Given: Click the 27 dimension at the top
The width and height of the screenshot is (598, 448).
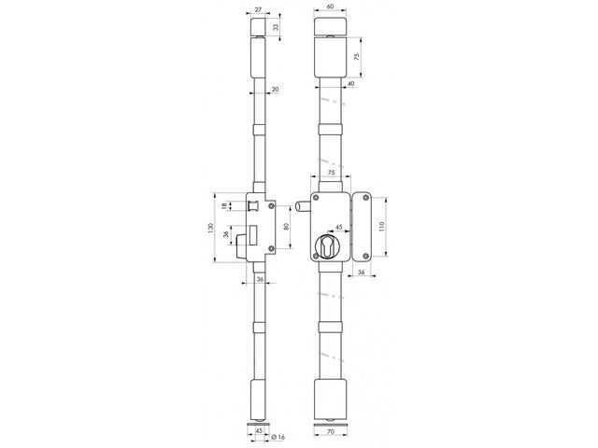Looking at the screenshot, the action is (259, 9).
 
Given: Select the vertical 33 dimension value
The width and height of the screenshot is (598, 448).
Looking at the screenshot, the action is (276, 27).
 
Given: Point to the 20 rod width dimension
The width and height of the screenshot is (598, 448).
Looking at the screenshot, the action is (275, 90).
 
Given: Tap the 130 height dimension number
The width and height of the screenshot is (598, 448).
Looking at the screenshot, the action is (210, 228).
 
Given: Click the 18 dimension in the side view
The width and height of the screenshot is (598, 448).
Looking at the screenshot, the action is (224, 205).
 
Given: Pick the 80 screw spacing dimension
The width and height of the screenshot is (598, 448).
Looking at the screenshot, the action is (287, 226).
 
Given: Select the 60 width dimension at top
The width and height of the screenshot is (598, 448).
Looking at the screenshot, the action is (330, 7).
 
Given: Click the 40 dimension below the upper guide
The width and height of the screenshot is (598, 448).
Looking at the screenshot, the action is (351, 83).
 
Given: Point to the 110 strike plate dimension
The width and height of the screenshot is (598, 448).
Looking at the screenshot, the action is (382, 226).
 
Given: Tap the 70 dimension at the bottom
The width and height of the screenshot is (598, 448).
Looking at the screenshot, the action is (331, 431).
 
